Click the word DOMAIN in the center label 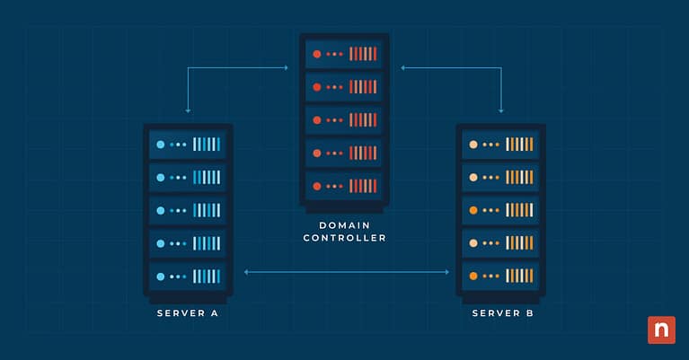(344, 224)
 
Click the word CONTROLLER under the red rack (344, 238)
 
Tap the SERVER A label (188, 313)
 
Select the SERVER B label (500, 313)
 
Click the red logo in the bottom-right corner (661, 329)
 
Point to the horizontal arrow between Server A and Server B (346, 270)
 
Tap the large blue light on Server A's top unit (161, 145)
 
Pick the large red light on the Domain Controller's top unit (316, 54)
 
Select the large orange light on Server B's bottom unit (473, 276)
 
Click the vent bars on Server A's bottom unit (207, 276)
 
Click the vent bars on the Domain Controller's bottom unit (363, 186)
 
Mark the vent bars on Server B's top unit (519, 145)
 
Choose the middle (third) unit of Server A (188, 210)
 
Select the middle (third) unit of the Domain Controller (344, 119)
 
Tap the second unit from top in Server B (500, 177)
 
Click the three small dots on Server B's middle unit (490, 210)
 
